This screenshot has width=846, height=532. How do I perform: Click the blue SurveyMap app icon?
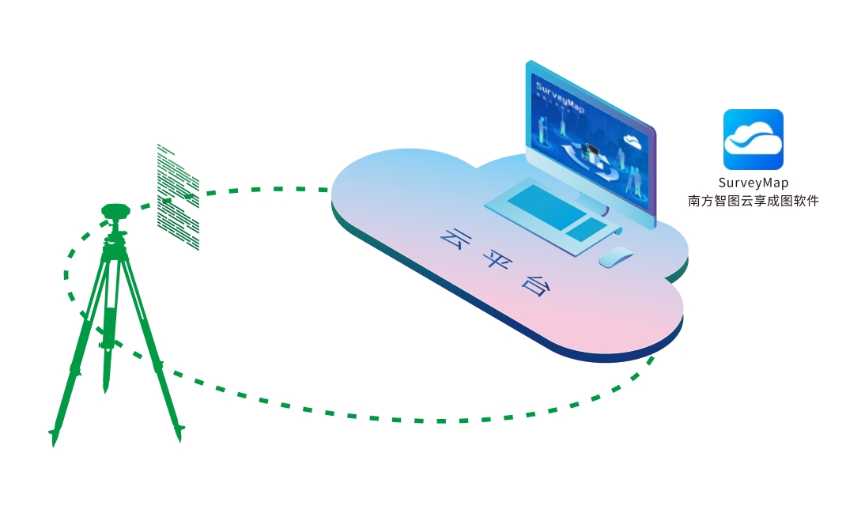(753, 139)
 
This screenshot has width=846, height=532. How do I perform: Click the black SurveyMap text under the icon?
(753, 183)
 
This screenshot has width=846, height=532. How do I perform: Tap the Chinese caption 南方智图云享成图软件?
(753, 201)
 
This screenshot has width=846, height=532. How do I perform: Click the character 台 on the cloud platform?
(534, 284)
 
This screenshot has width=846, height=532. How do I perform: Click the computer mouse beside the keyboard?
(616, 256)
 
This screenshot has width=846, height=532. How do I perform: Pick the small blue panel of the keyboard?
(586, 229)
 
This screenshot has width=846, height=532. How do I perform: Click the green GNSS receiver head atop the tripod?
(115, 211)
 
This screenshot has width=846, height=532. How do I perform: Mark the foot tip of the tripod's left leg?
(54, 437)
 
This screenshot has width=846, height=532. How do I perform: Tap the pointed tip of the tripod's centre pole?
(105, 388)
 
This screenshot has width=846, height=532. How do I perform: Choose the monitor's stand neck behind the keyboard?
(590, 194)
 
